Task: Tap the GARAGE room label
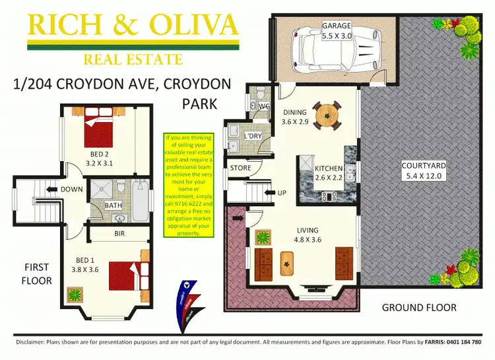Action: point(336,26)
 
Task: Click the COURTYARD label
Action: point(424,166)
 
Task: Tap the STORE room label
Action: point(241,168)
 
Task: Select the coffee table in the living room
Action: point(288,262)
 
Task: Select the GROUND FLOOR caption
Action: point(418,308)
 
